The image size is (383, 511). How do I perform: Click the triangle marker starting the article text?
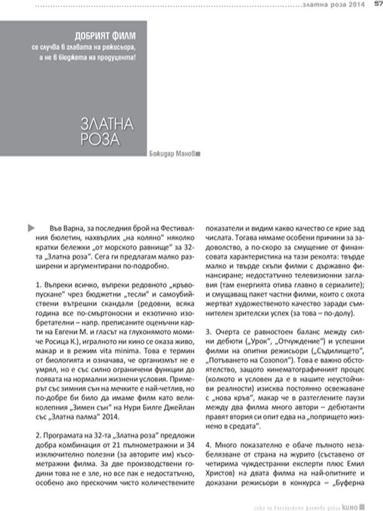pos(31,227)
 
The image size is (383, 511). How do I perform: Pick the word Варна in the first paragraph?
pos(73,228)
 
